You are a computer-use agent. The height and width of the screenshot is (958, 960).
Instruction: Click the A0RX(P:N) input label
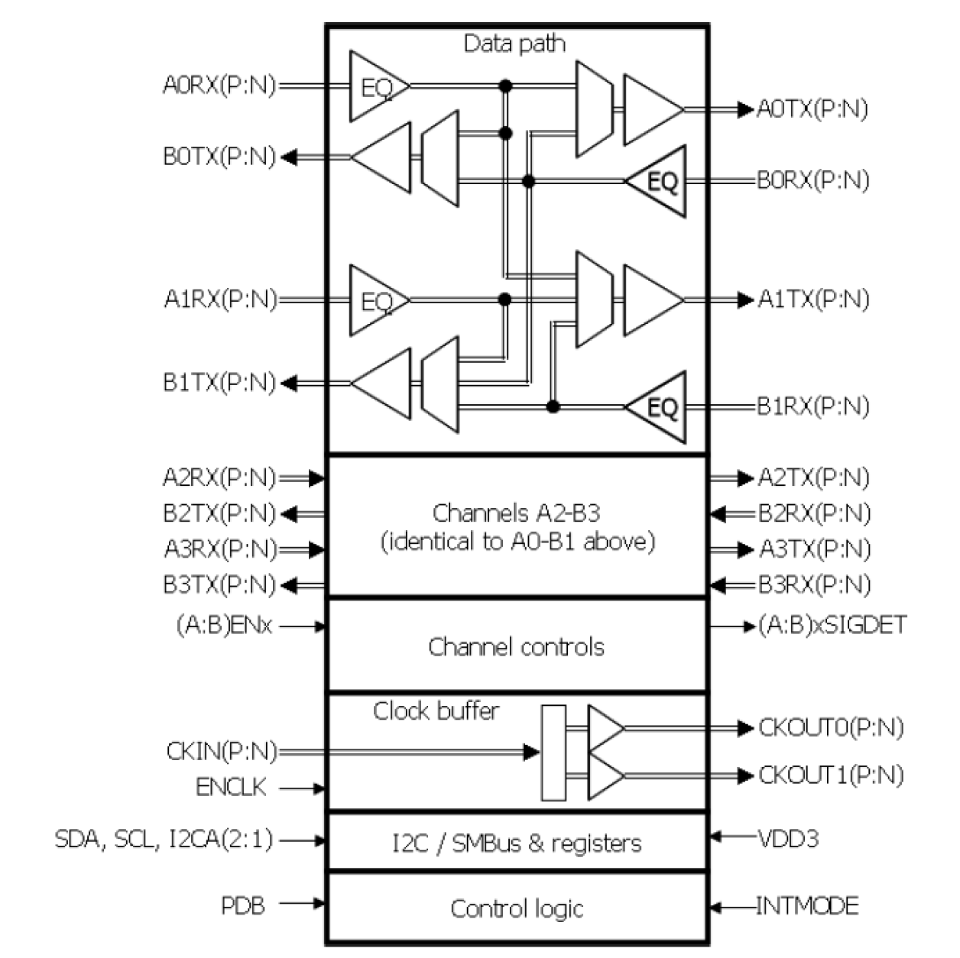(x=219, y=85)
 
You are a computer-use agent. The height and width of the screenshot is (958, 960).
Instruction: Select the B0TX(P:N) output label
(x=219, y=157)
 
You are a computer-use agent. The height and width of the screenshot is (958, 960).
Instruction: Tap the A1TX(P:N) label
(x=813, y=299)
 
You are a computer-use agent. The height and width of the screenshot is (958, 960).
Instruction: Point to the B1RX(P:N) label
(x=813, y=406)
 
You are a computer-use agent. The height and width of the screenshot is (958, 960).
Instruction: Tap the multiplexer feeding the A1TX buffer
(x=594, y=299)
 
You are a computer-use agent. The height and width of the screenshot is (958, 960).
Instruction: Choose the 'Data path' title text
(x=514, y=44)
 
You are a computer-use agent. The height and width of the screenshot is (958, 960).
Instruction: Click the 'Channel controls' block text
(x=516, y=647)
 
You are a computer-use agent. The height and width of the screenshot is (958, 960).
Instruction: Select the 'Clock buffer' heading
(x=436, y=711)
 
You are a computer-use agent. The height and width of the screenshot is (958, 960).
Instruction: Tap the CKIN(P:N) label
(x=222, y=752)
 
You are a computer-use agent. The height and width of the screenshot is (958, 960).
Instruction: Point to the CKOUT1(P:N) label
(x=831, y=775)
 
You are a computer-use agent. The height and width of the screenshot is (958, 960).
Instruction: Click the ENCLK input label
(x=231, y=787)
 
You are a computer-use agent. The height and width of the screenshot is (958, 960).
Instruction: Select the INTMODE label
(x=807, y=906)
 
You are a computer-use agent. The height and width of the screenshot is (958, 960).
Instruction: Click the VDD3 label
(x=788, y=839)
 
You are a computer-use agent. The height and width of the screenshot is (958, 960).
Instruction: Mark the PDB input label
(x=243, y=906)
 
